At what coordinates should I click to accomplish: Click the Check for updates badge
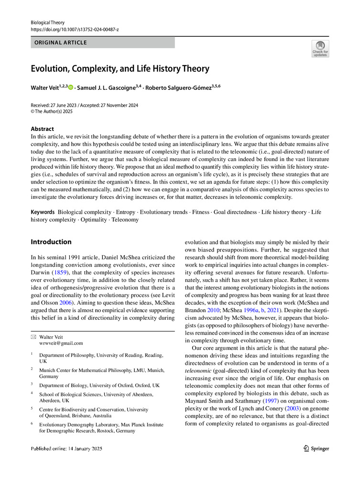coord(320,49)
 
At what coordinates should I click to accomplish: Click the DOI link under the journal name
coord(75,30)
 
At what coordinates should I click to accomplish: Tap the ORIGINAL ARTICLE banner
coord(60,43)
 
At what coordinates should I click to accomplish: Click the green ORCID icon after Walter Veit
coord(71,87)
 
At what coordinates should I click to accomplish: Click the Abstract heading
coord(42,129)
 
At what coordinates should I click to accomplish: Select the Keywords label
coord(43,212)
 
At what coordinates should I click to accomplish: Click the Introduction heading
coord(51,242)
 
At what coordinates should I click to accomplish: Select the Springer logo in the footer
coord(316,448)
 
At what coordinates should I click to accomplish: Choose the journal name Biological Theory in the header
coord(47,22)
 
